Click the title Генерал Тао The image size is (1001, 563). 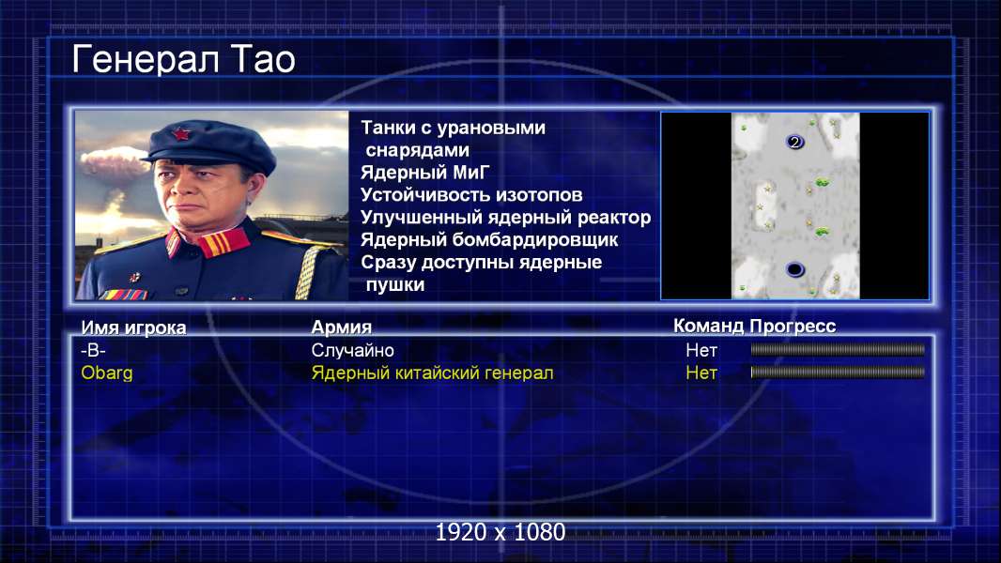pos(183,59)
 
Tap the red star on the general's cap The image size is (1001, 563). pos(181,134)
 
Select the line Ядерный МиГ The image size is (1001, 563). pos(424,172)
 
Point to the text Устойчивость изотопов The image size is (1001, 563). pos(471,194)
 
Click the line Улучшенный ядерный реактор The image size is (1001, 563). pos(505,218)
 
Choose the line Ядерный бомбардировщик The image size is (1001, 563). pos(489,239)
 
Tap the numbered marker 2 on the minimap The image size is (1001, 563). pos(794,143)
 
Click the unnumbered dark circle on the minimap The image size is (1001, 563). pos(794,269)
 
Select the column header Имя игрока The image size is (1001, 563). pos(133,327)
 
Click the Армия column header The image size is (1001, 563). pos(342,327)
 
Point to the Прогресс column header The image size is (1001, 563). pos(793,327)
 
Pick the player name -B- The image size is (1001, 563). pos(93,350)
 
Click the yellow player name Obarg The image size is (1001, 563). pos(107,373)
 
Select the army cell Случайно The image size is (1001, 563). pos(352,350)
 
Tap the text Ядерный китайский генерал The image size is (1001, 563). pos(432,373)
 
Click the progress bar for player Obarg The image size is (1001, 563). pos(838,373)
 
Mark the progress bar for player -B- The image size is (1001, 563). pos(838,349)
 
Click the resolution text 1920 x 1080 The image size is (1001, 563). pos(500,532)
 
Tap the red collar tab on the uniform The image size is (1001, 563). pos(223,242)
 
